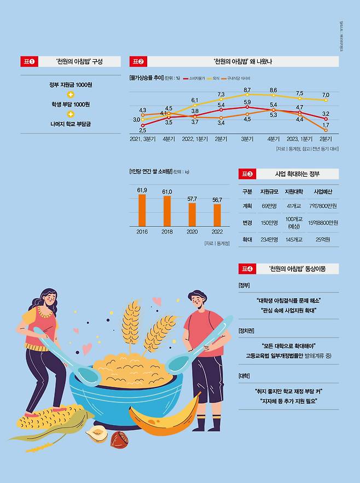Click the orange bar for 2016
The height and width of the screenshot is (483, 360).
pos(142,210)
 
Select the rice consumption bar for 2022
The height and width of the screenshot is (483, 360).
pos(217,215)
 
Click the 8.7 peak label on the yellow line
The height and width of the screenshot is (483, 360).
pos(247,90)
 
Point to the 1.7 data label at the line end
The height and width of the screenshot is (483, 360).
pos(326,125)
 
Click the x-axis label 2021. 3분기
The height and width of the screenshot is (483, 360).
pos(142,139)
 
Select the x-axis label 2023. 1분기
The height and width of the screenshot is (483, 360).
pos(300,139)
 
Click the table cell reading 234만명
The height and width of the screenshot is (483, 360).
pos(269,240)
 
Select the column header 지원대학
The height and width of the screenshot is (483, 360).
pos(297,191)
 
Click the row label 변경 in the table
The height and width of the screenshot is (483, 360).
pos(247,223)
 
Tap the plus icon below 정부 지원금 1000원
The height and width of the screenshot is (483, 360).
pos(70,94)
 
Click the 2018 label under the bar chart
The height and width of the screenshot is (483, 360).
pos(167,232)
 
